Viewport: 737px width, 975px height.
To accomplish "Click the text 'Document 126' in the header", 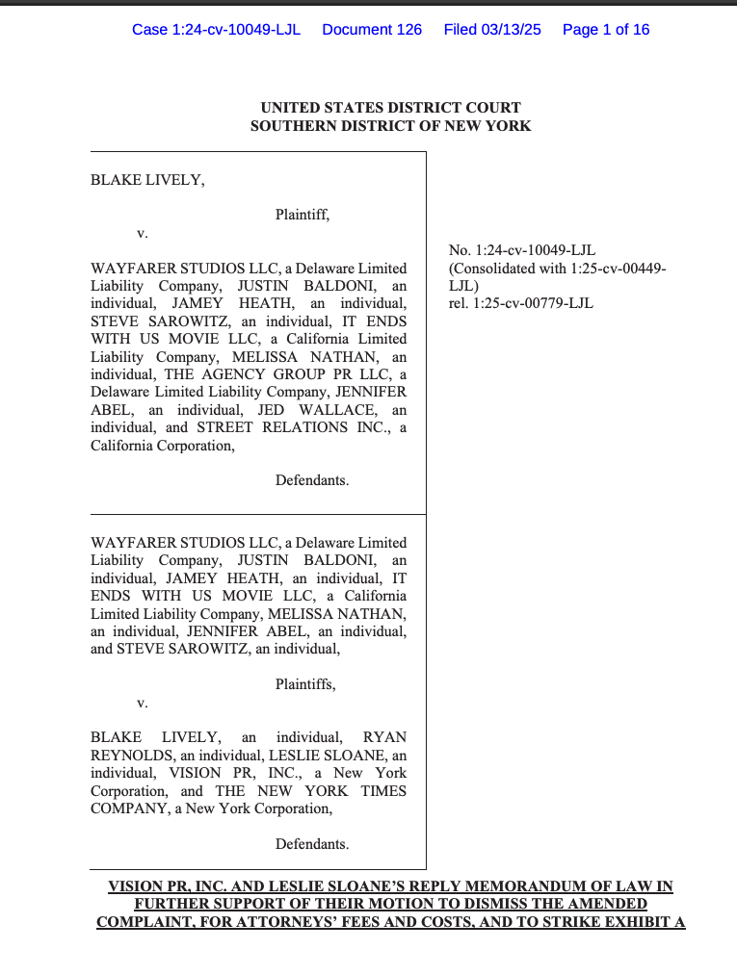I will pos(372,29).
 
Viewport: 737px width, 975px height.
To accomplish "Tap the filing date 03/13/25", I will pos(516,29).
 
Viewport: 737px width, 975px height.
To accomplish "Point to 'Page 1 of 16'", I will pos(605,29).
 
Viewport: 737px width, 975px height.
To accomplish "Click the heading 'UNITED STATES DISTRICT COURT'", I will pos(390,108).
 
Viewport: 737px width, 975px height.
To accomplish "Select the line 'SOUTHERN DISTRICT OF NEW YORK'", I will pos(390,126).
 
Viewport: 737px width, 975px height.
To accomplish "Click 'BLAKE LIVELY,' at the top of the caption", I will pos(147,179).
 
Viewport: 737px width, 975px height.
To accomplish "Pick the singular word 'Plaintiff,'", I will pos(303,215).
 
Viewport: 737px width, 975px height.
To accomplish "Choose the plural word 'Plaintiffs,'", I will pos(305,684).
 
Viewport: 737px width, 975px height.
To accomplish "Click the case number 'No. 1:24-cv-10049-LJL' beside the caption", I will pos(522,250).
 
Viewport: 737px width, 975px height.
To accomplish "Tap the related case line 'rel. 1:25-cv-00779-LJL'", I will pos(521,303).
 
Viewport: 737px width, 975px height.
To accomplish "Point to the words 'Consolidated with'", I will pos(506,269).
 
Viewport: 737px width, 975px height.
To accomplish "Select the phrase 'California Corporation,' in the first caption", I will pos(162,446).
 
